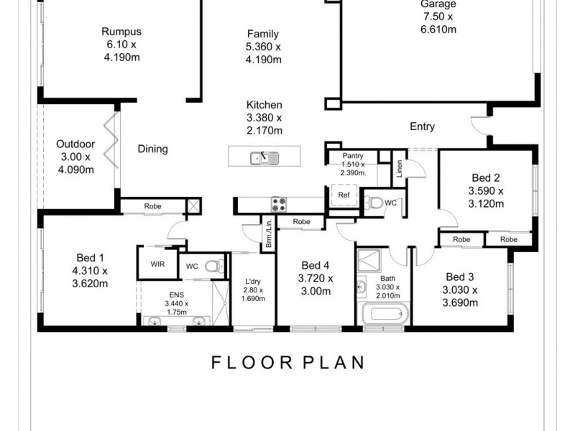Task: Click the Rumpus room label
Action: pos(121,32)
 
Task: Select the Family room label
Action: pos(262,34)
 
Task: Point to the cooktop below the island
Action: pos(278,203)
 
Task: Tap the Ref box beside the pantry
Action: pos(344,195)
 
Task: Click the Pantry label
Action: pos(352,156)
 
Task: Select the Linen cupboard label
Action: pos(399,168)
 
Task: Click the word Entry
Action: pos(422,127)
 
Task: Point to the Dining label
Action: pos(152,149)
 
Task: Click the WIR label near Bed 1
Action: pos(157,264)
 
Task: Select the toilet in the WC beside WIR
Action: pos(211,267)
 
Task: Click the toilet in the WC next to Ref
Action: pos(374,203)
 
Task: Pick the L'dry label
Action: pos(252,280)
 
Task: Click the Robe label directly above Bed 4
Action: pos(302,222)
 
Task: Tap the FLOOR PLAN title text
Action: pos(287,362)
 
